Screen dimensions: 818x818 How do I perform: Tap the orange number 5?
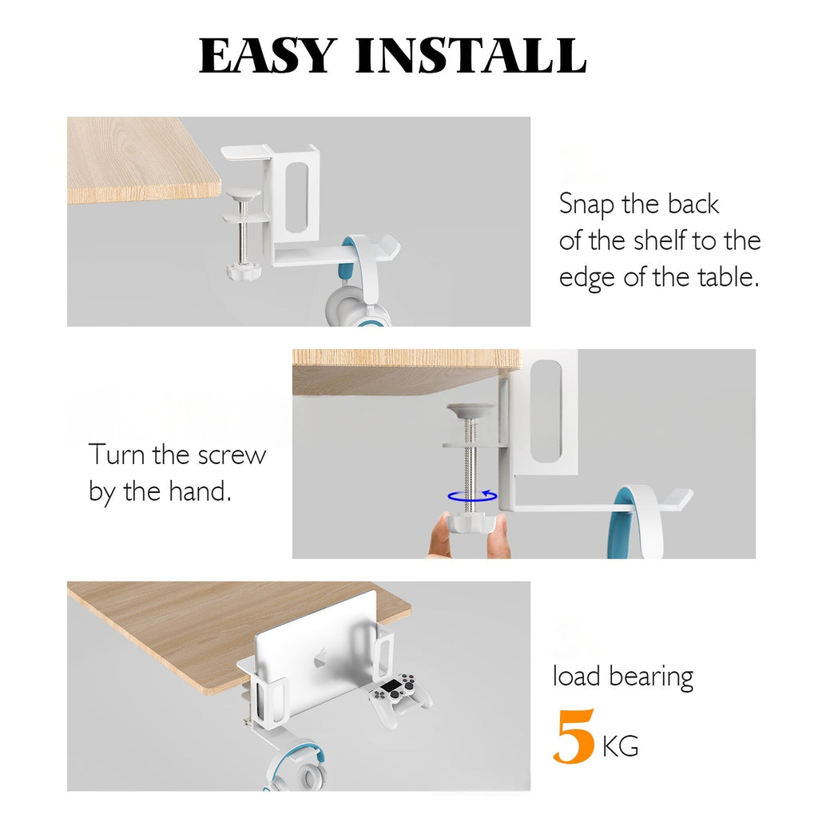(x=574, y=736)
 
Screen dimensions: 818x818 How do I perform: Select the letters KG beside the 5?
(x=620, y=746)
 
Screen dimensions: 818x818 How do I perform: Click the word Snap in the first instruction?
(x=586, y=204)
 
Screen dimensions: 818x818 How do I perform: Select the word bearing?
(x=651, y=677)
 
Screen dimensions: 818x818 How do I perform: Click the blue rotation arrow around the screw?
(x=472, y=496)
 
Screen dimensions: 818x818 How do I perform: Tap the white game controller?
(x=399, y=697)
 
